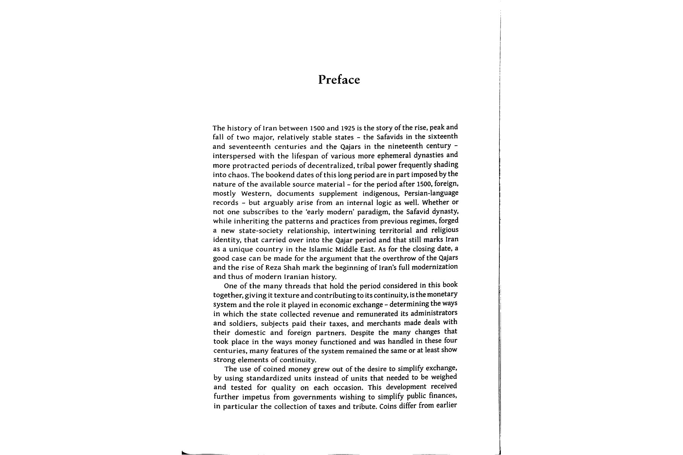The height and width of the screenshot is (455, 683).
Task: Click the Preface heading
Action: [339, 80]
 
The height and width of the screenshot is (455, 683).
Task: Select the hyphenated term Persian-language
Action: [431, 193]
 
